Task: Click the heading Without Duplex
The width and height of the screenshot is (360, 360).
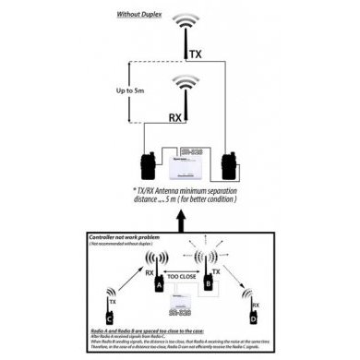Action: [142, 16]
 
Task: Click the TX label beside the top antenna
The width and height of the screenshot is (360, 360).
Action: [195, 55]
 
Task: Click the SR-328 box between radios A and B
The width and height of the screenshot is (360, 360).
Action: [184, 306]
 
